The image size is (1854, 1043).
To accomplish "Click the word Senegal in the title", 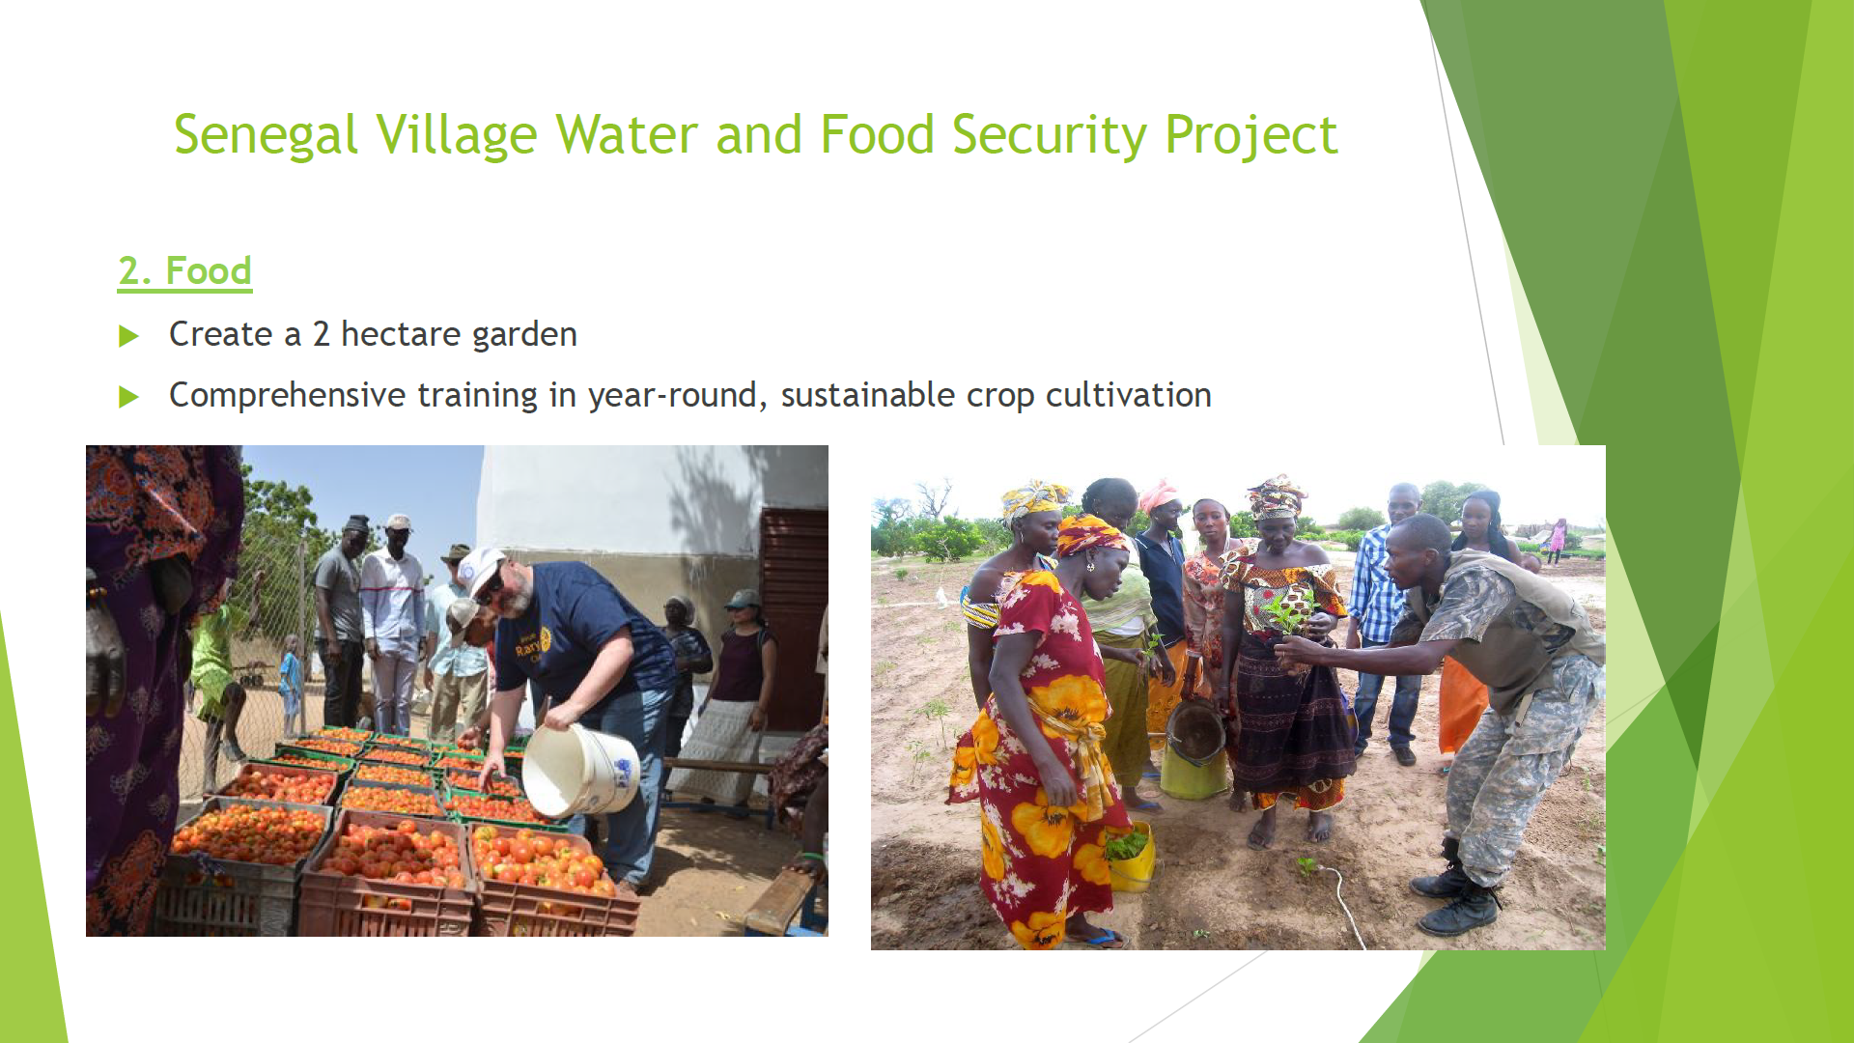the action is [x=267, y=135].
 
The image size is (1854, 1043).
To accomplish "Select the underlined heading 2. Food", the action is [x=184, y=271].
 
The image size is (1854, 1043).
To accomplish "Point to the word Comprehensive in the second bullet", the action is [x=287, y=395].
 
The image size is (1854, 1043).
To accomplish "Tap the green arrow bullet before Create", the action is [x=128, y=336].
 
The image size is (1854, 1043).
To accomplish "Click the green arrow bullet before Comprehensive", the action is [x=128, y=397].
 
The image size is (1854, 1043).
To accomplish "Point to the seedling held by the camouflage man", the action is [x=1291, y=612].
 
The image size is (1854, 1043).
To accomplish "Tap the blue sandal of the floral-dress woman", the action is [x=1098, y=936].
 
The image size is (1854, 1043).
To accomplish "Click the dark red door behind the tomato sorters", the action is [x=794, y=618].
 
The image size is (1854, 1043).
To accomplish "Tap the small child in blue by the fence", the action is [x=290, y=681].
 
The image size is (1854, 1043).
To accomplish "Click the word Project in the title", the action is [x=1251, y=135].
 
